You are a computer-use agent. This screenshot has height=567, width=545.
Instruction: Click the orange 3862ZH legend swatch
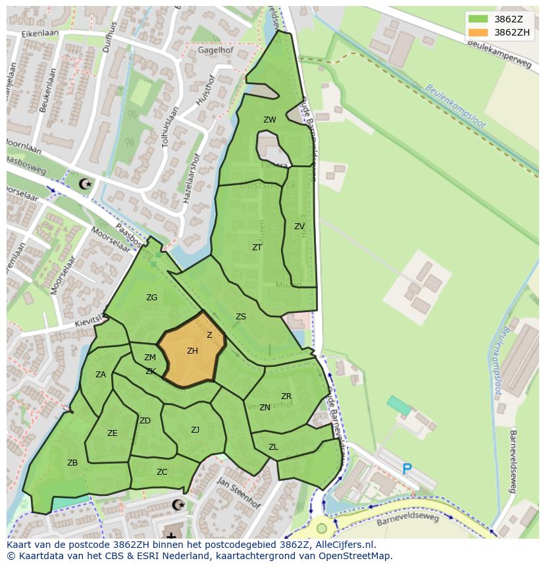pos(478,32)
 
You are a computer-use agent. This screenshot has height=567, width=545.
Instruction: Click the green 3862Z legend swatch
pos(478,19)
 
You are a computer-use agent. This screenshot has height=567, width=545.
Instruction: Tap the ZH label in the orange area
pos(192,351)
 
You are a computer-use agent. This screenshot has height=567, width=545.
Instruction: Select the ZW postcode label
pos(270,120)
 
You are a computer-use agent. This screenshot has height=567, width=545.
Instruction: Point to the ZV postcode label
pos(299,227)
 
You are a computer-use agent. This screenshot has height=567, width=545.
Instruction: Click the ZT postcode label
pos(257,248)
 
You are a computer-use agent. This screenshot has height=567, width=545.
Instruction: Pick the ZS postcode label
pos(241,317)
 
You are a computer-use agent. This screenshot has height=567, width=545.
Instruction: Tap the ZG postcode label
pos(151,298)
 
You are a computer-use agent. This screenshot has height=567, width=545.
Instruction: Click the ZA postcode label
pos(101,375)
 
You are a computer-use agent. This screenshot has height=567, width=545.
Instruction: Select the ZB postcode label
pos(72,463)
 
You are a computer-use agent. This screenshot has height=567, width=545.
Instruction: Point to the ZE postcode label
pos(113,433)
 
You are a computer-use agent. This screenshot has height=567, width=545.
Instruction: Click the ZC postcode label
pos(162,472)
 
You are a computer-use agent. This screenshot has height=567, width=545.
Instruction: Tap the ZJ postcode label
pos(195,430)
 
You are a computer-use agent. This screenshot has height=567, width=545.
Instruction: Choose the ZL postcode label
pos(273,447)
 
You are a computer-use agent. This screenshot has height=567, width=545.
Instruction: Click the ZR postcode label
pos(286,396)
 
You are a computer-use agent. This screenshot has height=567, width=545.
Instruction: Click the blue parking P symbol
pos(407,469)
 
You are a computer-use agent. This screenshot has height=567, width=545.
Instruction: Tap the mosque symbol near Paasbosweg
pos(84,184)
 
